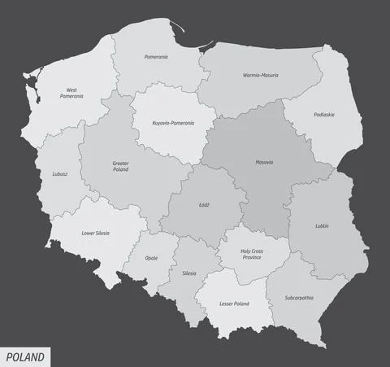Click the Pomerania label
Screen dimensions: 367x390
coord(156,57)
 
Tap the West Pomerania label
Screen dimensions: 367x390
coord(71,93)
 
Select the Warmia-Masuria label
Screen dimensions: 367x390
coord(260,75)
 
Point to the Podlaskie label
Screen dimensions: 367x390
coord(324,115)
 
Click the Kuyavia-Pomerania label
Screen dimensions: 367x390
coord(173,123)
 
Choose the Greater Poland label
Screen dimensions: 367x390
coord(121,167)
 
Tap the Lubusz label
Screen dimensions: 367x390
coord(58,173)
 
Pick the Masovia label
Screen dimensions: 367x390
coord(264,162)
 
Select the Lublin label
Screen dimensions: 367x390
coord(322,225)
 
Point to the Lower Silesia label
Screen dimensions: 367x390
coord(95,233)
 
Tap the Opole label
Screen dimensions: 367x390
coord(151,258)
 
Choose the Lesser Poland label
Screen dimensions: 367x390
coord(234,304)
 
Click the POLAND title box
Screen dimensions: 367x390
coord(25,357)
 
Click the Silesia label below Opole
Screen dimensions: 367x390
coord(189,273)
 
